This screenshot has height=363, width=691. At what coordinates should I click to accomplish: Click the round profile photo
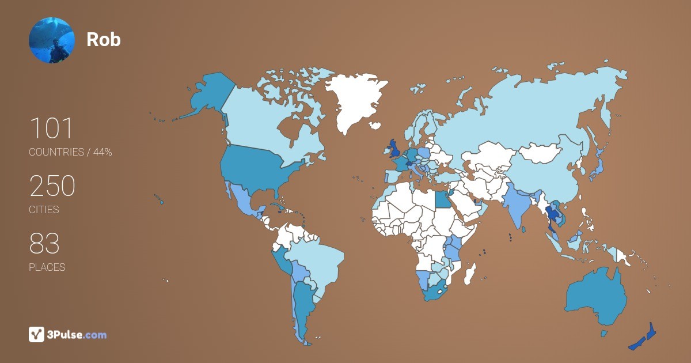pos(52,40)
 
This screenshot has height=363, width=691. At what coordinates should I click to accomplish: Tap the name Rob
pos(104,39)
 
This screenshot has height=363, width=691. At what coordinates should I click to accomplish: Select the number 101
pos(51,128)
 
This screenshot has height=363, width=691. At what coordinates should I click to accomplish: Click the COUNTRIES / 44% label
pos(70,152)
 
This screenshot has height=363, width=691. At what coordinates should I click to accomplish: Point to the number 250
pos(52,186)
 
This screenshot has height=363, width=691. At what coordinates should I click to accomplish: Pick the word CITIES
pos(44,210)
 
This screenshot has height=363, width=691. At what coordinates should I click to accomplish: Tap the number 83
pos(44,244)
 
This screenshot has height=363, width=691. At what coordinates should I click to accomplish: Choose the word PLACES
pos(47,267)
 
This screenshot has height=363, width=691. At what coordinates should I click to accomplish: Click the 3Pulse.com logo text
pos(78,335)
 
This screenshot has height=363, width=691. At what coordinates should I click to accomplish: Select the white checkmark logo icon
pos(36,334)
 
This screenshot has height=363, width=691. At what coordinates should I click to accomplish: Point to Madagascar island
pos(471,273)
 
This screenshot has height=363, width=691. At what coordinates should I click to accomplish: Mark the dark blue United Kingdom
pos(396,149)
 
